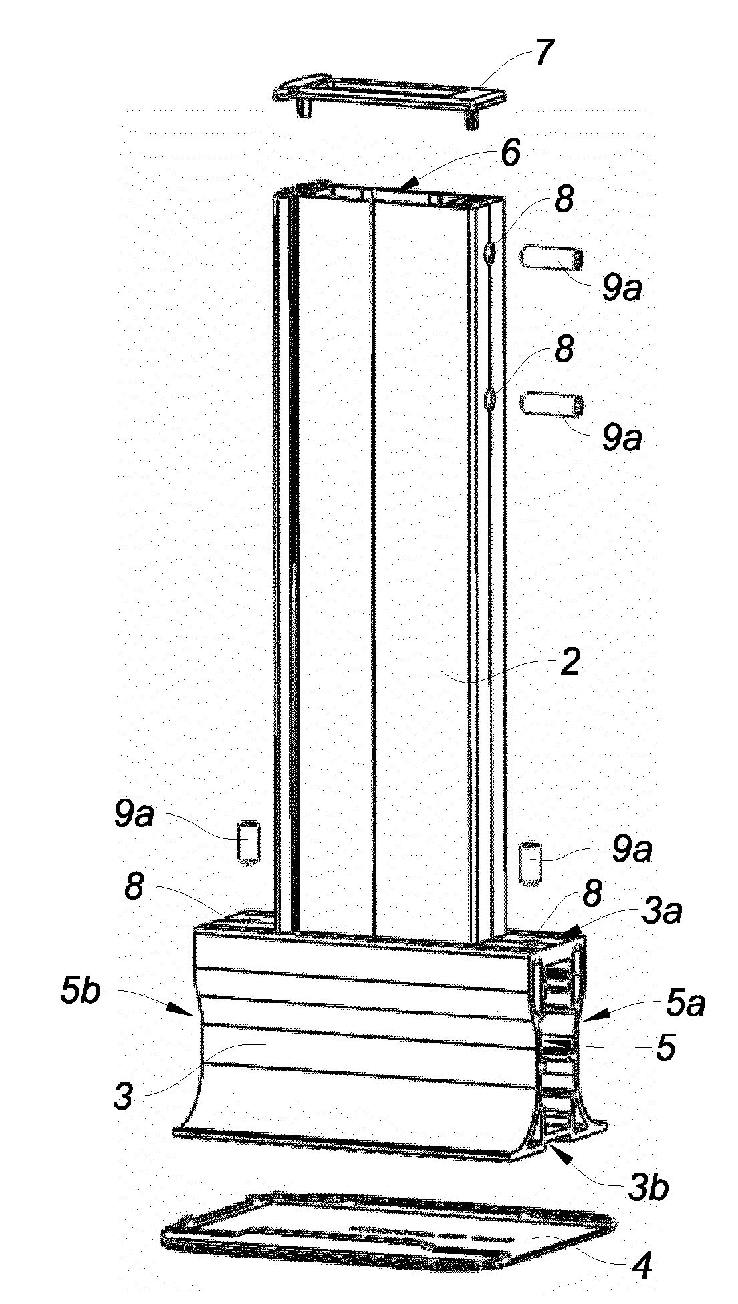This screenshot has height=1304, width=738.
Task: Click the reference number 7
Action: tap(543, 54)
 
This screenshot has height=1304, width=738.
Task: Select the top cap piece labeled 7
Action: tap(389, 96)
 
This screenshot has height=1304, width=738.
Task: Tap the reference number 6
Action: tap(510, 155)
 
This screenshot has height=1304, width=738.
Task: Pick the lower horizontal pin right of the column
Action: tap(552, 404)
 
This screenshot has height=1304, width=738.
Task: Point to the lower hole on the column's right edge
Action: tap(490, 400)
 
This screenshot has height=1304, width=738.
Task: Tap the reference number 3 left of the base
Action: tap(123, 1096)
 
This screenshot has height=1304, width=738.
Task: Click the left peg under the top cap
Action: tap(304, 109)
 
